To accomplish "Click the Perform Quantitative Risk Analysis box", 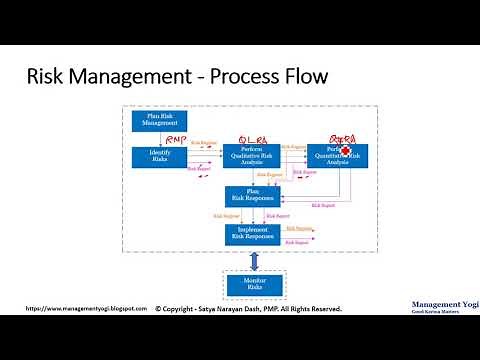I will point(338,156).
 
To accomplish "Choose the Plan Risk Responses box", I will point(252,196).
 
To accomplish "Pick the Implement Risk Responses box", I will point(252,233).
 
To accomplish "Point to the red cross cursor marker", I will point(346,152).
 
